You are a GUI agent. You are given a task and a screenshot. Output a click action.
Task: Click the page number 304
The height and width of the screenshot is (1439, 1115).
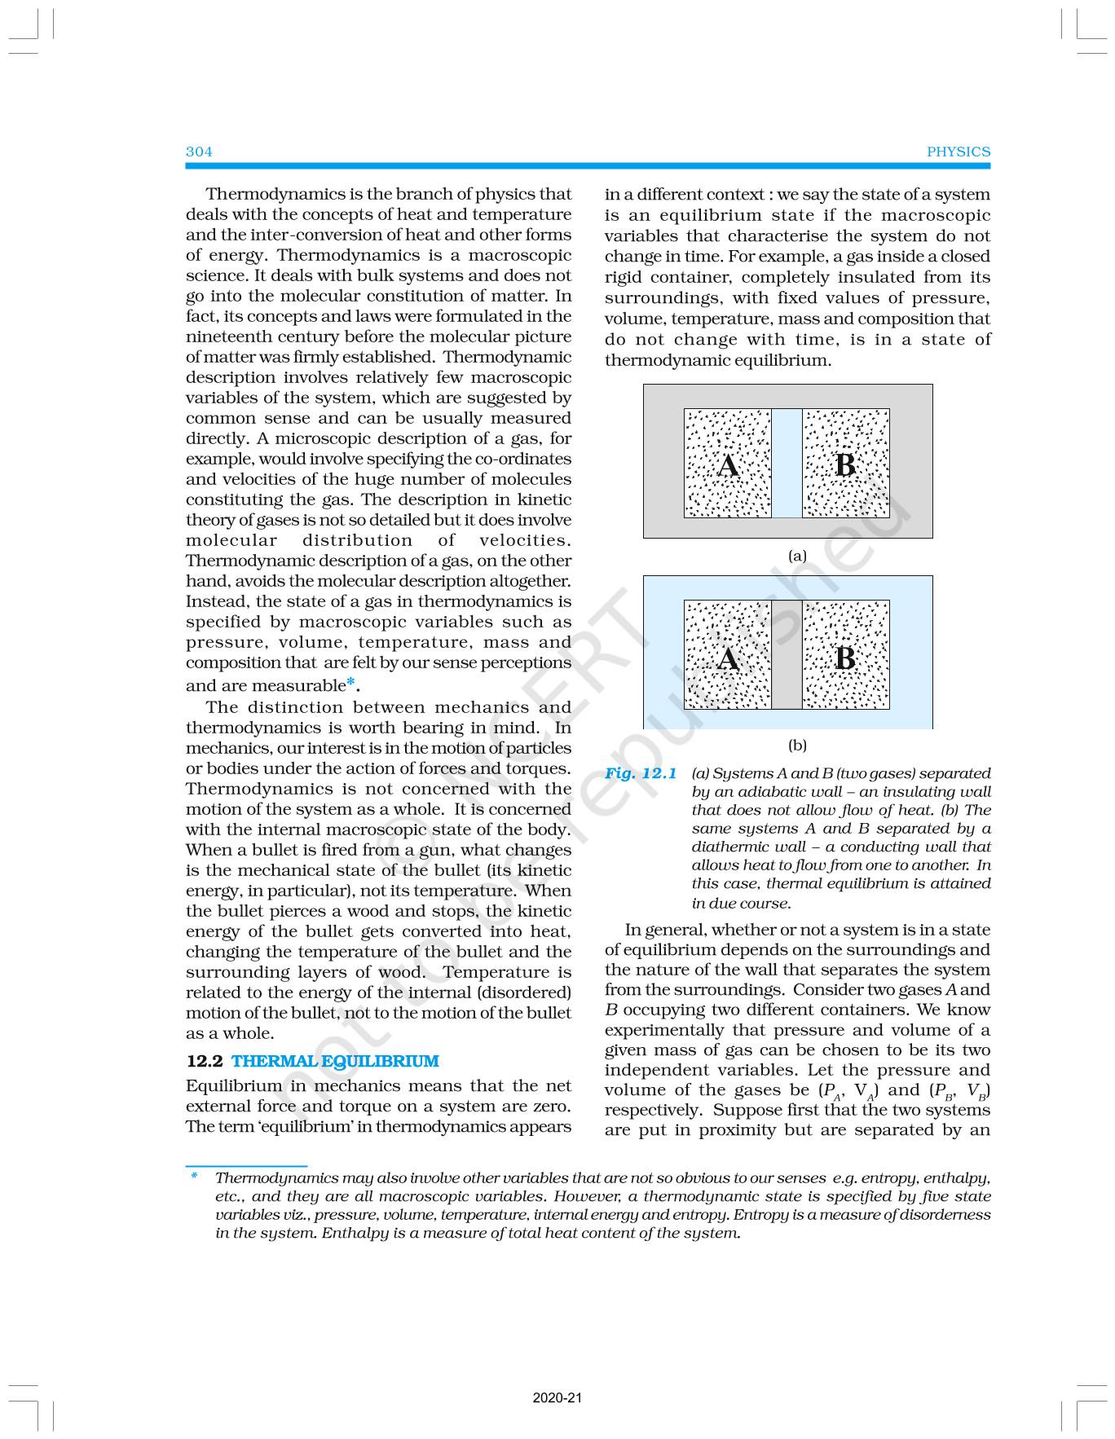pyautogui.click(x=199, y=152)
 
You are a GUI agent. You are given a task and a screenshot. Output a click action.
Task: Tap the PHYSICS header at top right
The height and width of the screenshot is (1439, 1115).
pyautogui.click(x=959, y=152)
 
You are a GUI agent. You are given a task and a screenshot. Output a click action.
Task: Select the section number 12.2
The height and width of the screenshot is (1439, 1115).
pyautogui.click(x=205, y=1061)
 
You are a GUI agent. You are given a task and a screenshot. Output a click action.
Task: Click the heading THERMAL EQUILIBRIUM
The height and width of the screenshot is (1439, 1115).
pyautogui.click(x=335, y=1061)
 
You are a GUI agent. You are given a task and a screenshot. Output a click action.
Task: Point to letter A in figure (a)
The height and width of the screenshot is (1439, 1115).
pyautogui.click(x=728, y=465)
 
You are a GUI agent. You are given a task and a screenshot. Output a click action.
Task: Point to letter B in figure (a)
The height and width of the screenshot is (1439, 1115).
pyautogui.click(x=845, y=465)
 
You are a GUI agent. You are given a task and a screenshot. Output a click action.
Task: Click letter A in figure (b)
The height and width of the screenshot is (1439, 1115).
pyautogui.click(x=728, y=658)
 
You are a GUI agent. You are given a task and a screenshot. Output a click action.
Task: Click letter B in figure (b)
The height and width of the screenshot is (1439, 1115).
pyautogui.click(x=845, y=658)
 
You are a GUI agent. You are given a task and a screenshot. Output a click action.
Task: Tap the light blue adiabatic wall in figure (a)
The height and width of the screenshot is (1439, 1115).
pyautogui.click(x=787, y=463)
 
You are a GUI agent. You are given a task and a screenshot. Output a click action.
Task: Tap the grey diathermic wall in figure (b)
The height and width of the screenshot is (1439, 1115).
pyautogui.click(x=787, y=655)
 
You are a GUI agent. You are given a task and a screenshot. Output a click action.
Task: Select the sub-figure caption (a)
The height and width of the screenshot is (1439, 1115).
pyautogui.click(x=797, y=556)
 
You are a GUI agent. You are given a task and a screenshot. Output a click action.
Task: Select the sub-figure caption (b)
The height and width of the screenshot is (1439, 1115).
pyautogui.click(x=797, y=745)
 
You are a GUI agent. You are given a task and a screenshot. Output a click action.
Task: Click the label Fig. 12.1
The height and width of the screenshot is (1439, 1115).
pyautogui.click(x=641, y=773)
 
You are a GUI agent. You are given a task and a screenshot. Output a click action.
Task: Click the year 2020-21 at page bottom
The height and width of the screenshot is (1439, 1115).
pyautogui.click(x=557, y=1398)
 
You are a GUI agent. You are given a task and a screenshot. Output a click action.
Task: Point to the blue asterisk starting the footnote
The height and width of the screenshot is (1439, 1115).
pyautogui.click(x=194, y=1176)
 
